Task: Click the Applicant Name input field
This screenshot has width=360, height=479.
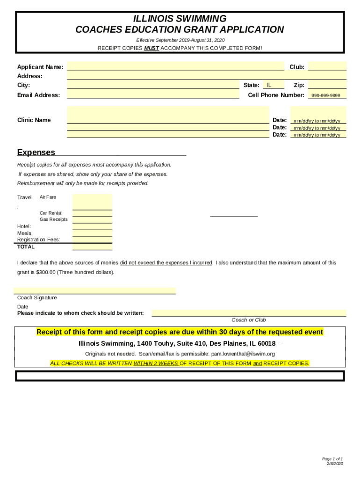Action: click(x=175, y=66)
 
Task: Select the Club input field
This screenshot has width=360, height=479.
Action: click(x=327, y=66)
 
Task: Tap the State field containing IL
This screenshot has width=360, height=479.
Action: click(x=273, y=85)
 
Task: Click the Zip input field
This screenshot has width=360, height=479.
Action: click(x=327, y=85)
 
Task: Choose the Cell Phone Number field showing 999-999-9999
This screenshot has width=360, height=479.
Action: click(x=326, y=95)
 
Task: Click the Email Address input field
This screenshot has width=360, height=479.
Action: click(x=153, y=94)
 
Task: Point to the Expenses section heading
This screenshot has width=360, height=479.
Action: click(x=36, y=152)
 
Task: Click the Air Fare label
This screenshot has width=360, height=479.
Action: click(x=48, y=197)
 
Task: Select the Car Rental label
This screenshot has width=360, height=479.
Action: click(x=50, y=213)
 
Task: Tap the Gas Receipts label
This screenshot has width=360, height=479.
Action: click(x=53, y=219)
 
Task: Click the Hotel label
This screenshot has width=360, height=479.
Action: click(x=24, y=226)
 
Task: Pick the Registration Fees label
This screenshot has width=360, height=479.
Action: click(x=38, y=239)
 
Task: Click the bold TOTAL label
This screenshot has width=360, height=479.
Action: click(x=26, y=247)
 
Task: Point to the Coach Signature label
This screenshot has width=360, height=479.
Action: click(x=37, y=298)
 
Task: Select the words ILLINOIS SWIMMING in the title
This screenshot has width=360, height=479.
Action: click(x=180, y=19)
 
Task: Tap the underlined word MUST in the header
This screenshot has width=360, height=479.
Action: click(x=151, y=48)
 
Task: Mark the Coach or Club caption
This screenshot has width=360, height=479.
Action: click(x=248, y=320)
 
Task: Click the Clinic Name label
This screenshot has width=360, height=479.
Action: click(x=34, y=120)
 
